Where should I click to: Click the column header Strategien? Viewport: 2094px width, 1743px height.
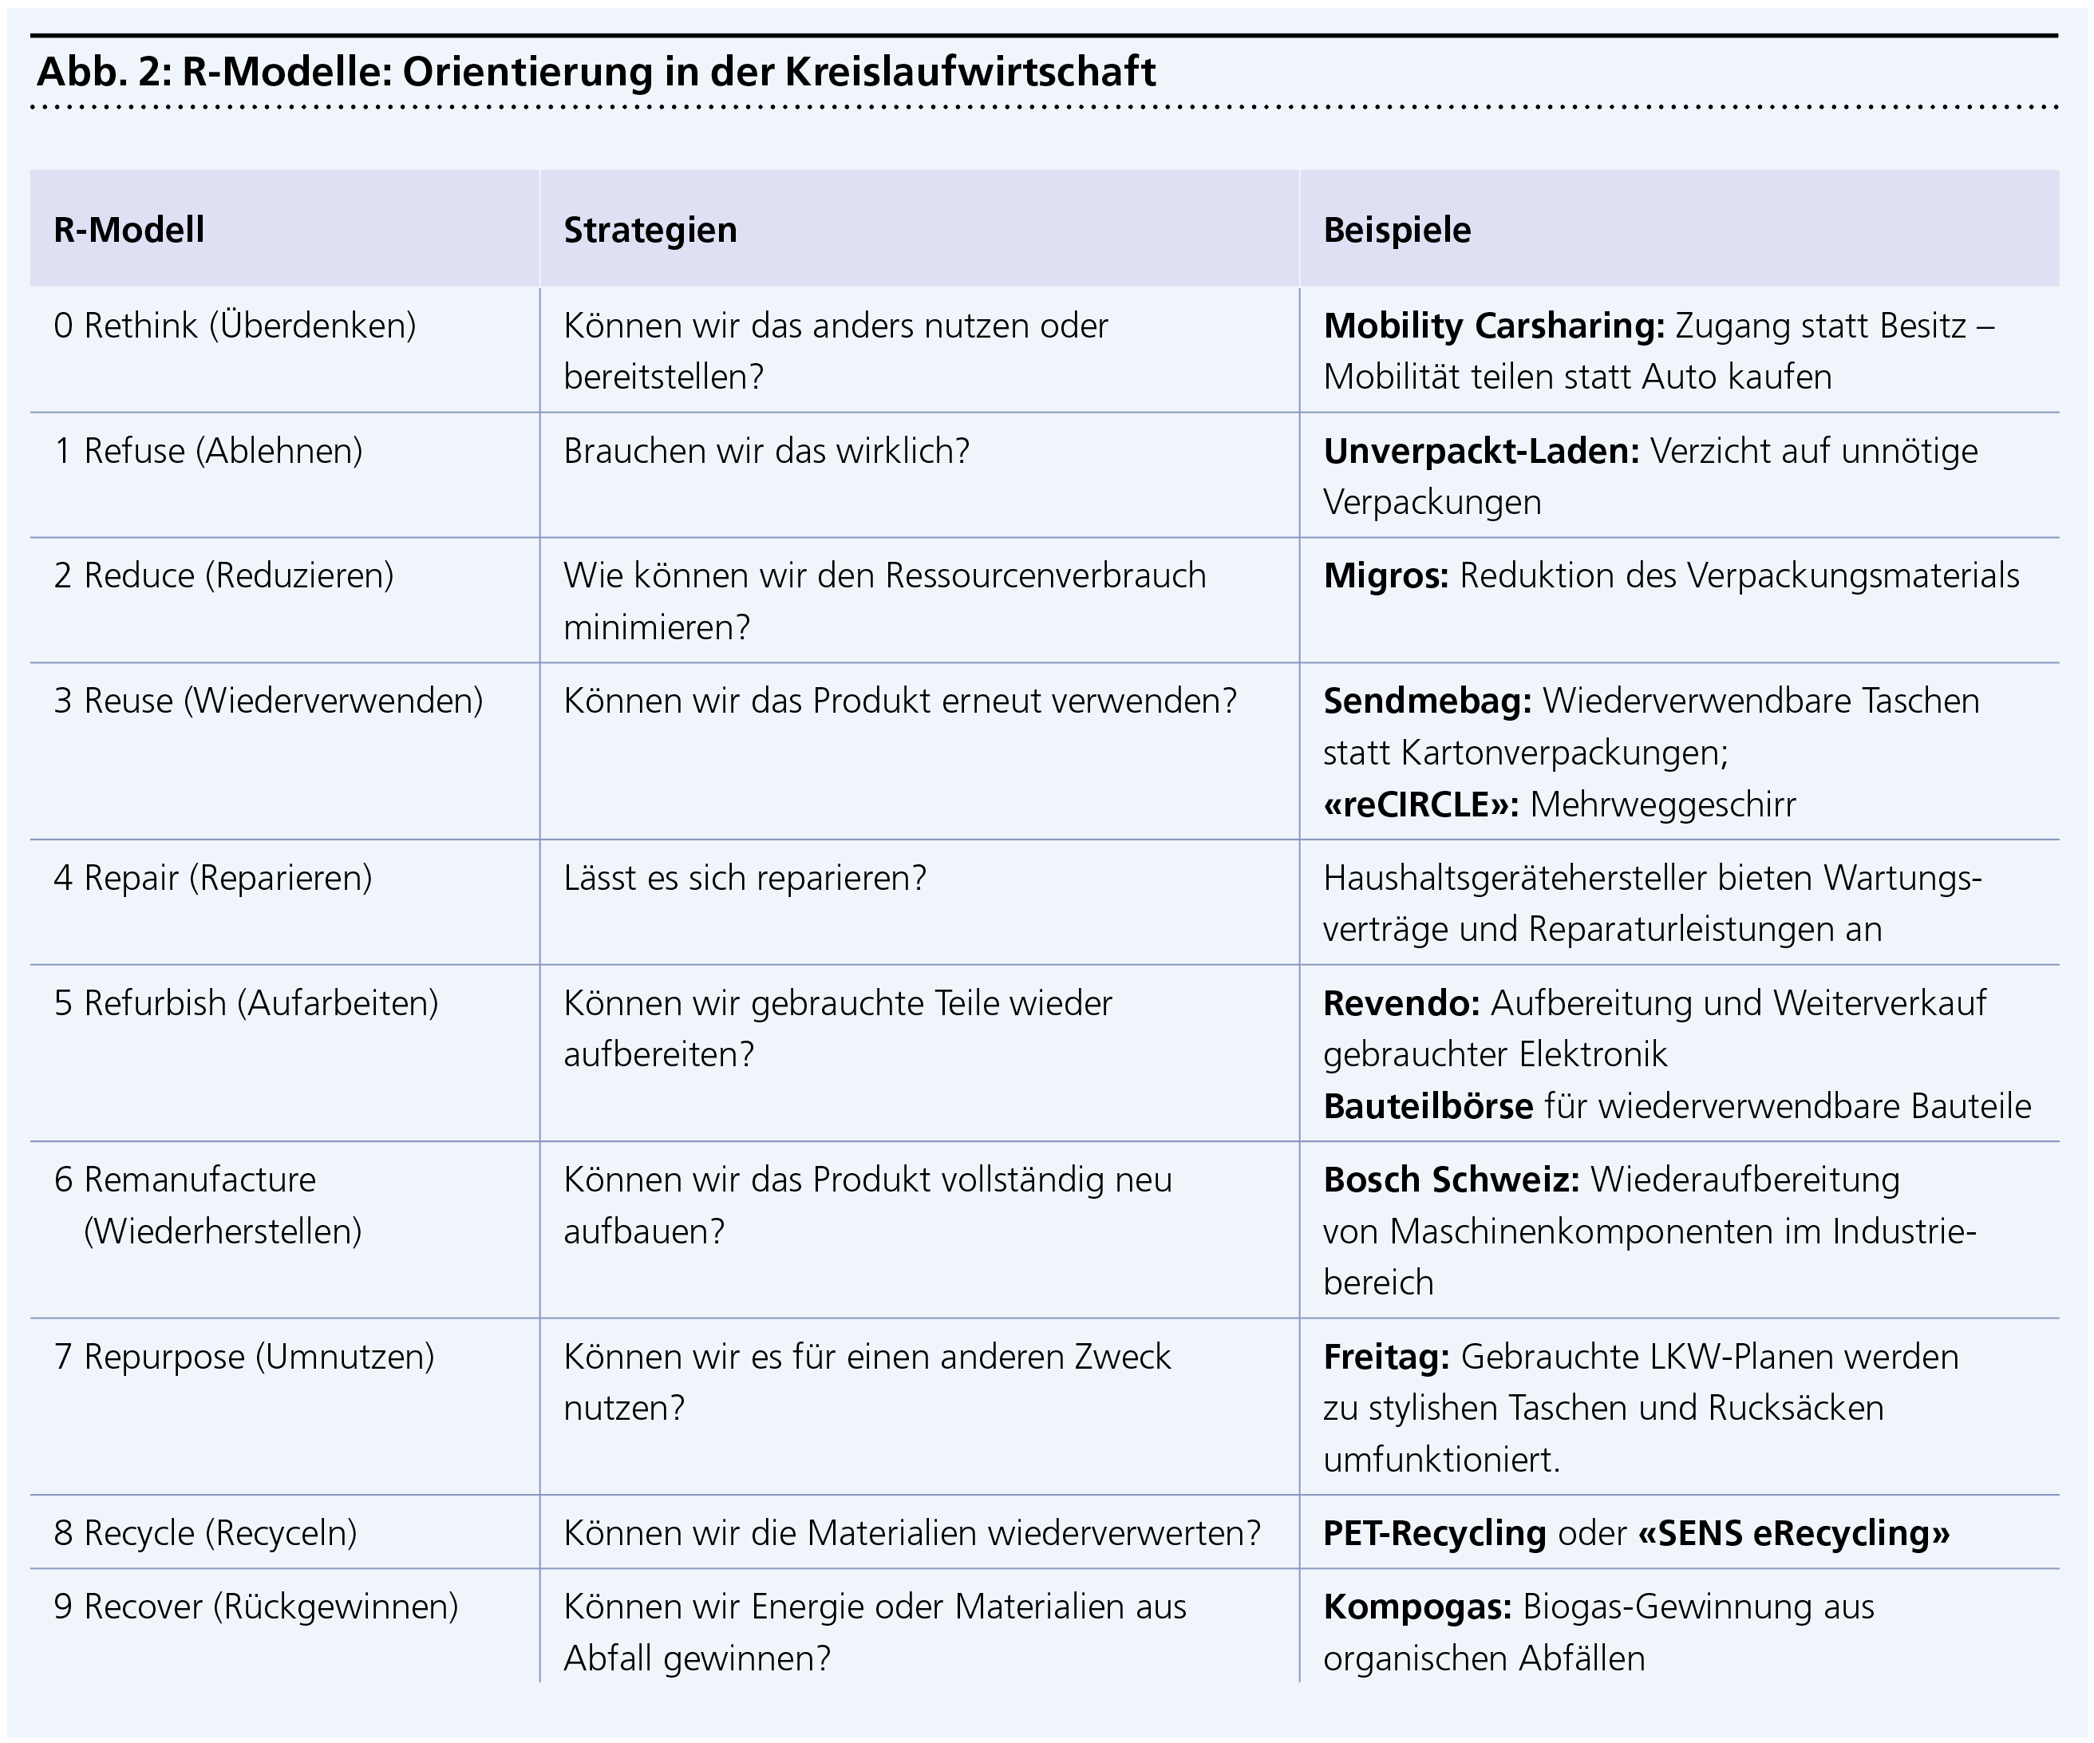point(650,231)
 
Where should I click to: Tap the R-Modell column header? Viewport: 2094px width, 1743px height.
point(128,231)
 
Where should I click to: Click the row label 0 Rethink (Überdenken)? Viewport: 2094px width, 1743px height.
point(235,326)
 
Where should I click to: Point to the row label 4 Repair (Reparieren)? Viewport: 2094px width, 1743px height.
point(212,877)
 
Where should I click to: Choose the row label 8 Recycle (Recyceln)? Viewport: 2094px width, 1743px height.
point(205,1532)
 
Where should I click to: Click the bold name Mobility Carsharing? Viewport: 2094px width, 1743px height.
point(1493,326)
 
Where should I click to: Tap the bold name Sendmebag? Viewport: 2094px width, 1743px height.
point(1426,701)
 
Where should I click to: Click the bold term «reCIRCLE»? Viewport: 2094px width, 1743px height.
point(1420,804)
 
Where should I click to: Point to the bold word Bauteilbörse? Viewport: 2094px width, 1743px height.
point(1428,1107)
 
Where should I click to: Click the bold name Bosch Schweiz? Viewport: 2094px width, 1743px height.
point(1451,1180)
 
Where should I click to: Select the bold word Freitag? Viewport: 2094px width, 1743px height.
point(1386,1357)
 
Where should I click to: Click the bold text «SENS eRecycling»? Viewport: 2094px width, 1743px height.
point(1794,1532)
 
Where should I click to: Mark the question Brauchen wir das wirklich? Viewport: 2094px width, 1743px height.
point(766,452)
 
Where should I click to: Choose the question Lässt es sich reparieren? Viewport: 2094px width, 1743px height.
point(745,877)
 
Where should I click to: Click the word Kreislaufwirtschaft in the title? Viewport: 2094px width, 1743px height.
point(970,72)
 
